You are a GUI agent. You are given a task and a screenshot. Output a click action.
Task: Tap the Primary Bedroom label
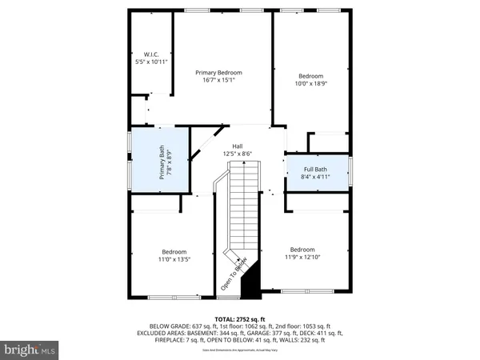[x=219, y=73]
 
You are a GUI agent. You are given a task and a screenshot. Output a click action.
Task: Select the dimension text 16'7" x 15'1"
[x=219, y=80]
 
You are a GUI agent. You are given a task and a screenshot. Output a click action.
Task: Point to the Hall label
[x=238, y=146]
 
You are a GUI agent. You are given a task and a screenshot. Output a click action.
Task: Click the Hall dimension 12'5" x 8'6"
[x=238, y=154]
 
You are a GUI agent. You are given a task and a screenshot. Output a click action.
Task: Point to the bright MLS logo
[x=30, y=350]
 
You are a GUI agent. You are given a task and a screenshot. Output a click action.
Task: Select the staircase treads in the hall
[x=242, y=208]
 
